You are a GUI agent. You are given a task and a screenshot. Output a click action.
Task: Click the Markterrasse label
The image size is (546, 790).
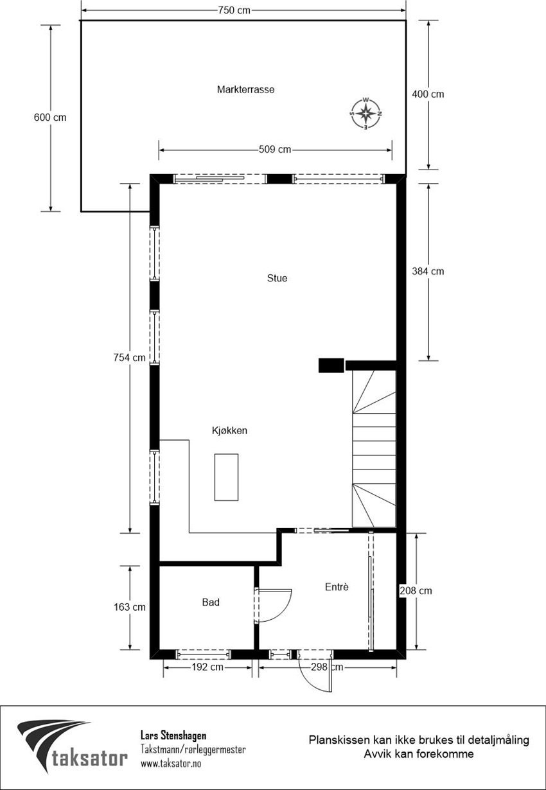pos(245,90)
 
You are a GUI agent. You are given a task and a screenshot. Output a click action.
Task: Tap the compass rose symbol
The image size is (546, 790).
pos(365,114)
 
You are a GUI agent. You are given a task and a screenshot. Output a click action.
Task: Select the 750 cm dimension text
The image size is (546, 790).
pos(234,10)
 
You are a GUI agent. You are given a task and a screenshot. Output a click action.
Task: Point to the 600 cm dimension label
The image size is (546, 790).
pos(50,118)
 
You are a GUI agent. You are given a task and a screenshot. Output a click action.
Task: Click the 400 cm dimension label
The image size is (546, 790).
pos(428,94)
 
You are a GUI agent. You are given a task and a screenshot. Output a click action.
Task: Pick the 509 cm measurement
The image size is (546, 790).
pos(275,150)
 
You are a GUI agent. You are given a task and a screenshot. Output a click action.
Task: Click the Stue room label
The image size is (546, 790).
pos(277,279)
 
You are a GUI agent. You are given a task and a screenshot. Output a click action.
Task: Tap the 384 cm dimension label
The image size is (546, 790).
pos(428,271)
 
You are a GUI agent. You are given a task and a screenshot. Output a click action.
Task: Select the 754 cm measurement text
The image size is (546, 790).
pos(130,358)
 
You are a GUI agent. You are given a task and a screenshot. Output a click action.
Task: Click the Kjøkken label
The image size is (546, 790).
pos(229,431)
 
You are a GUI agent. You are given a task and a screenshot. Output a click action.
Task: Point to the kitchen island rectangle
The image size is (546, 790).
pos(226,477)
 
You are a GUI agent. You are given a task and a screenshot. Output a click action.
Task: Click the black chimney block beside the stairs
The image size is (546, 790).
pos(330,365)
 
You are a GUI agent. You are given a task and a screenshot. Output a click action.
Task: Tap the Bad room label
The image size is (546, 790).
pos(211,602)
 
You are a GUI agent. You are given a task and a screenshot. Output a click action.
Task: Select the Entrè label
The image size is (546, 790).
pos(337,586)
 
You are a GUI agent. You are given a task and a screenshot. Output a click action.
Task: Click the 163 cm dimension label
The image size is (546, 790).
pos(130,607)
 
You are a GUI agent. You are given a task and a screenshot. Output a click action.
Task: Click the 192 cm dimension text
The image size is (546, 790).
pos(207,667)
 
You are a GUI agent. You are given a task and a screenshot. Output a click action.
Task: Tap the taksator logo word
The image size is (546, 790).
pos(89,759)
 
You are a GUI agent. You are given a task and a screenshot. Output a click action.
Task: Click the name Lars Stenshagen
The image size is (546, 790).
pos(173,735)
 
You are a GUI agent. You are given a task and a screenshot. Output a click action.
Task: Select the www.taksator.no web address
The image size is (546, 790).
pos(170,764)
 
